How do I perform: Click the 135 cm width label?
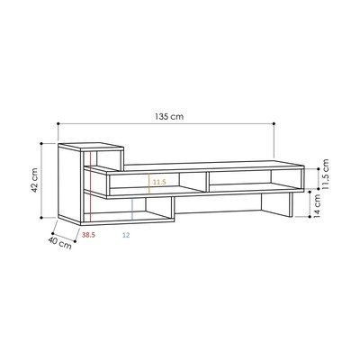point(169,116)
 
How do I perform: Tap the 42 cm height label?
point(35,180)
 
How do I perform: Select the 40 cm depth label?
point(59,243)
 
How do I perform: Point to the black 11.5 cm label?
point(325,174)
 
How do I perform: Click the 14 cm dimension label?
point(317,206)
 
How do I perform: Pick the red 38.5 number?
point(88,235)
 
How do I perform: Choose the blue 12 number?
point(126,235)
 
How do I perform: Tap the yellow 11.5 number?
point(159,182)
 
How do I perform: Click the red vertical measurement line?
point(90,186)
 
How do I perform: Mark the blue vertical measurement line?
point(132,209)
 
